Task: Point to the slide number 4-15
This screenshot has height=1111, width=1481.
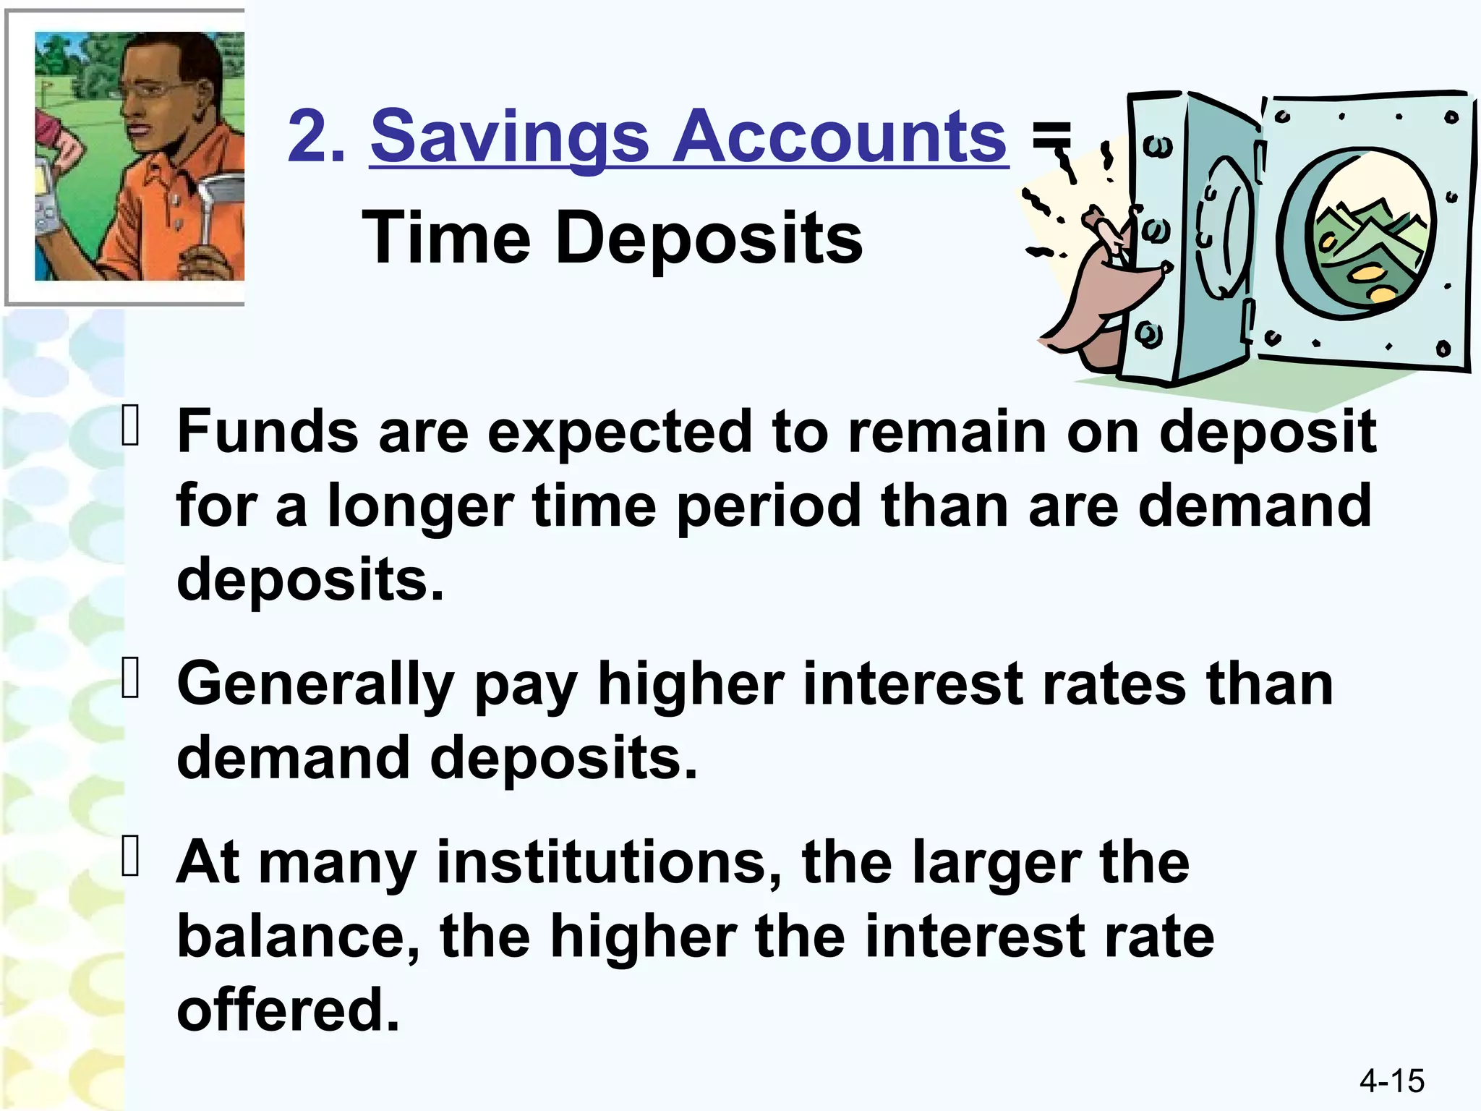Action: (1391, 1081)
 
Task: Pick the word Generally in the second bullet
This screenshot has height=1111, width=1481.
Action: (315, 684)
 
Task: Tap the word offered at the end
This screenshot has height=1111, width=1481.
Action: (288, 1010)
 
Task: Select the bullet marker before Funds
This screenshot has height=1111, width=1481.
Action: (131, 427)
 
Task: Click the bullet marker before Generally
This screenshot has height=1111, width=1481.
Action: (131, 680)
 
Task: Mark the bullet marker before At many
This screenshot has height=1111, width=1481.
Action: (131, 858)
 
